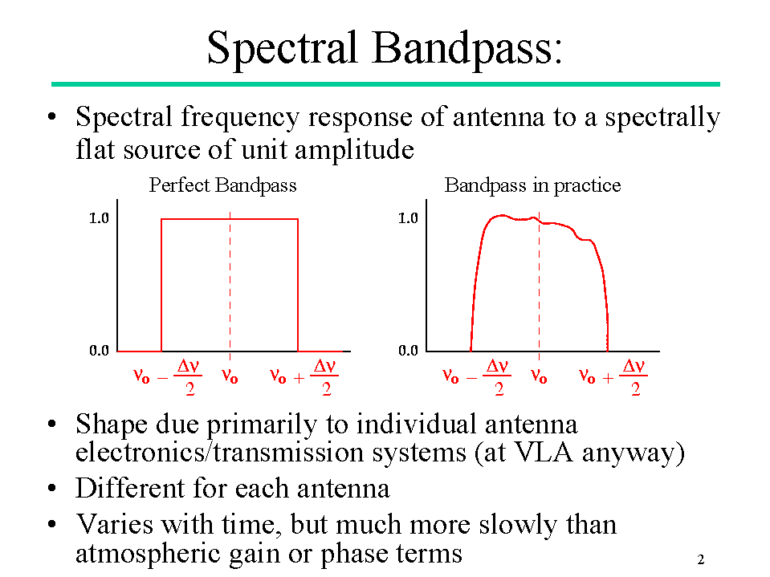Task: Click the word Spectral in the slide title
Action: pyautogui.click(x=282, y=47)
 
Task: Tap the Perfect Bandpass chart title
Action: pyautogui.click(x=222, y=185)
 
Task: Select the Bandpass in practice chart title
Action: pyautogui.click(x=532, y=185)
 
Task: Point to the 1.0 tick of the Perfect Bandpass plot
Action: pyautogui.click(x=99, y=217)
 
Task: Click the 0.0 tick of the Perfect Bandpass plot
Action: pyautogui.click(x=99, y=351)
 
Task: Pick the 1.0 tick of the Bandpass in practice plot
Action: pyautogui.click(x=408, y=217)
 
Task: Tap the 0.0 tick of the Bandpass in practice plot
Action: pyautogui.click(x=408, y=351)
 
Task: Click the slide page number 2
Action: pyautogui.click(x=701, y=559)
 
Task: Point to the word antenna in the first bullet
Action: pyautogui.click(x=499, y=117)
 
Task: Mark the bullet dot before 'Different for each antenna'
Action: pyautogui.click(x=52, y=488)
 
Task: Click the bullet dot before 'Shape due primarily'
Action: pyautogui.click(x=52, y=425)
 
